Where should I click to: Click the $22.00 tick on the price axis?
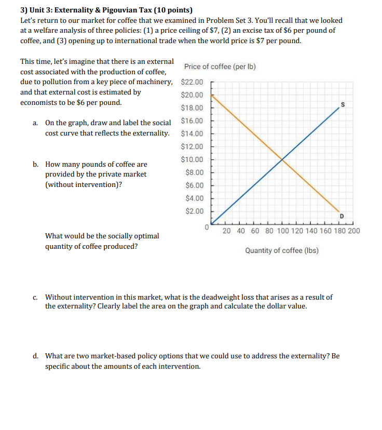tap(192, 82)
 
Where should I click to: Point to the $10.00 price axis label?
tap(192, 159)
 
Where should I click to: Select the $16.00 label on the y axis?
tap(192, 121)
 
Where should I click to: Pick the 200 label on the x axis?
tap(353, 231)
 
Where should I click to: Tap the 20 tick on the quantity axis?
tap(227, 231)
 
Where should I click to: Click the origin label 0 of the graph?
tap(206, 227)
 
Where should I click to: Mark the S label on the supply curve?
tap(342, 105)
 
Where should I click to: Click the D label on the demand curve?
tap(342, 216)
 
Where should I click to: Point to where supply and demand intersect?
tap(282, 159)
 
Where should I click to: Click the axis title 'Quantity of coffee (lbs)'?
tap(282, 251)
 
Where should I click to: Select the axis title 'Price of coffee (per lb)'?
tap(220, 67)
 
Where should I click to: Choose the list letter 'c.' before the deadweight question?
tap(35, 298)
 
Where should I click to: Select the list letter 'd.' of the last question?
tap(35, 357)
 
